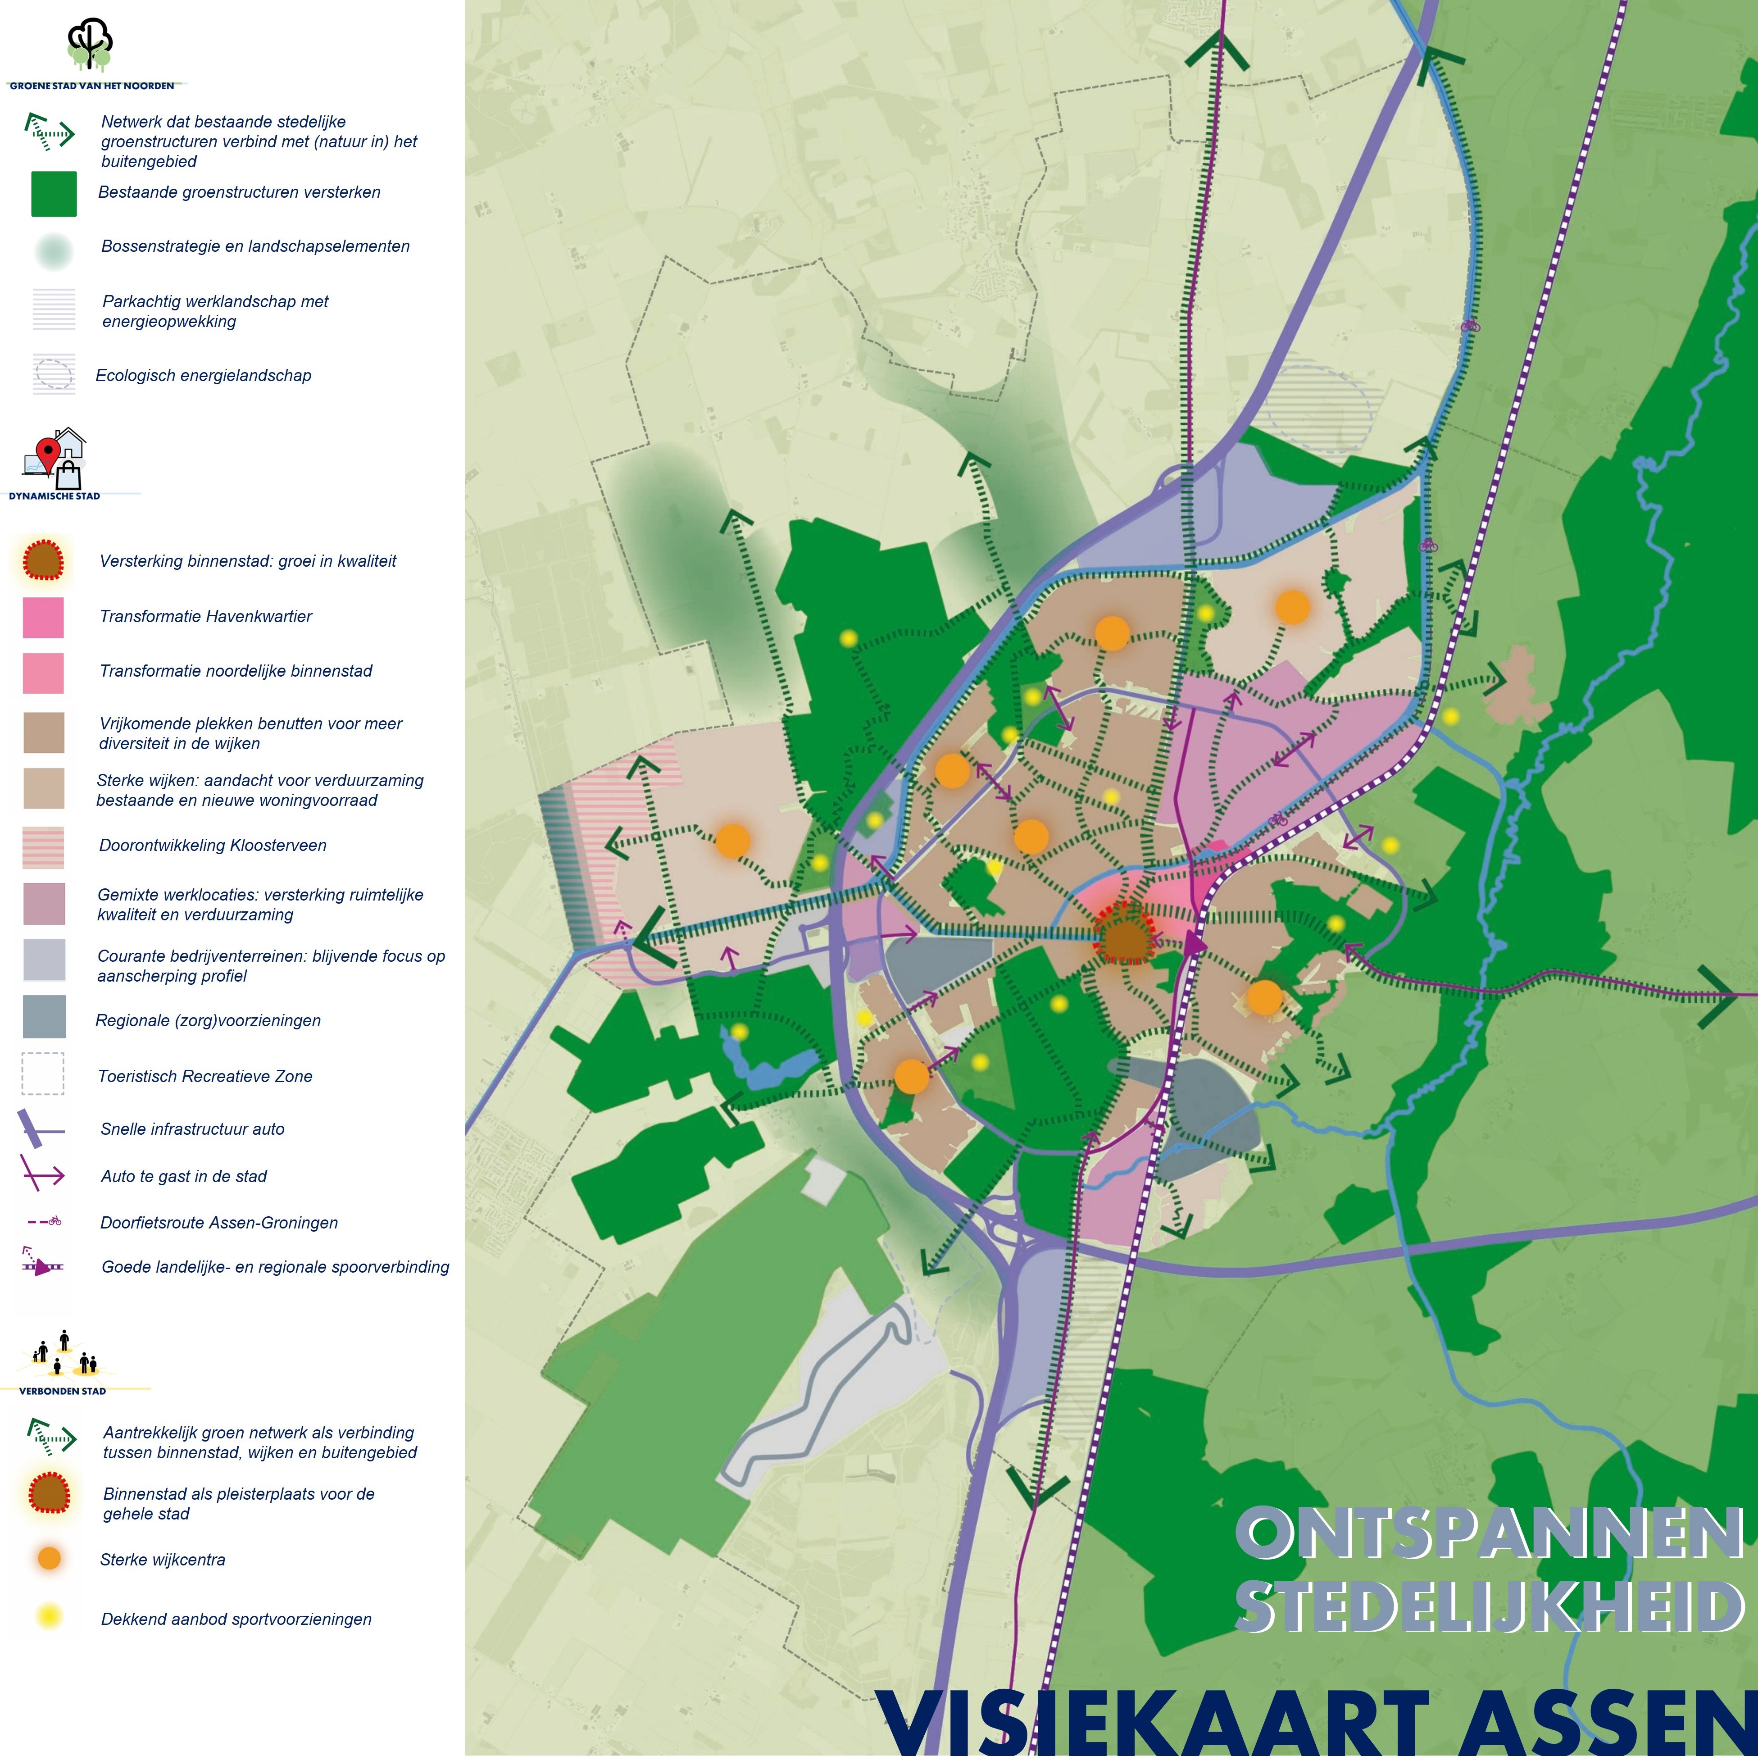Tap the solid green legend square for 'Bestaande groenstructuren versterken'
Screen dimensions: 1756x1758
coord(54,194)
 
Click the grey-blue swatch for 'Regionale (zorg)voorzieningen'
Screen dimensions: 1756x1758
coord(44,1016)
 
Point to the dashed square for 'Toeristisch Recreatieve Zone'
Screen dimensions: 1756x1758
coord(43,1074)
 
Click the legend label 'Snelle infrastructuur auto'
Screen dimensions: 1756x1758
coord(192,1129)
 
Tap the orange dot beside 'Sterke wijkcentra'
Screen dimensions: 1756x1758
coord(49,1559)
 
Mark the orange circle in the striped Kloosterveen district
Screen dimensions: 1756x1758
coord(732,841)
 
